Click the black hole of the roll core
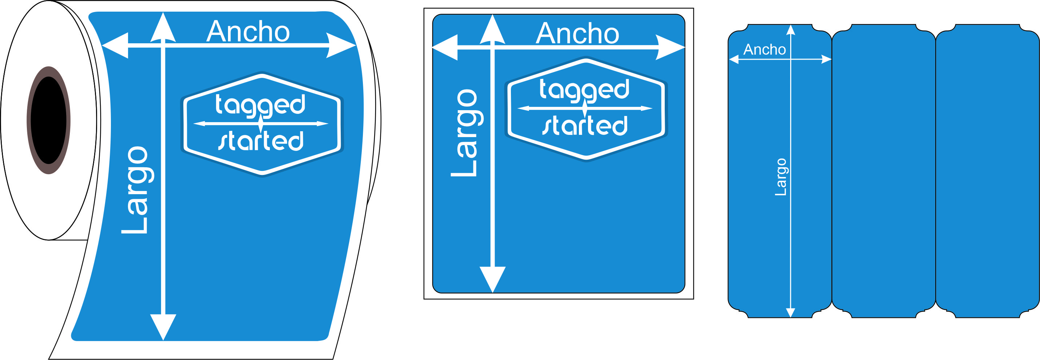click(x=48, y=120)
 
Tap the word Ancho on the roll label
click(x=248, y=32)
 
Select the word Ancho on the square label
click(x=577, y=33)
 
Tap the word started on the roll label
click(x=261, y=141)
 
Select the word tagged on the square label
click(x=585, y=89)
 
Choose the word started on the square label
click(x=585, y=125)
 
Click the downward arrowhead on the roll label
click(x=163, y=326)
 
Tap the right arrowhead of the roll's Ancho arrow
click(x=340, y=45)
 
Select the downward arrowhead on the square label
click(x=493, y=279)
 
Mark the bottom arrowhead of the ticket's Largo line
click(x=791, y=313)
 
